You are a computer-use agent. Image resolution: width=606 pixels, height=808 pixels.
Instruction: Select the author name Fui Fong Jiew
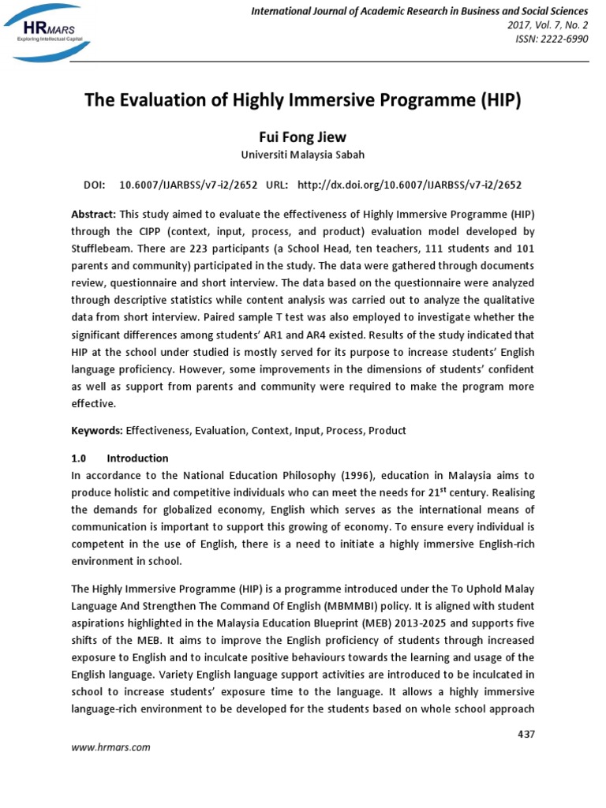(303, 137)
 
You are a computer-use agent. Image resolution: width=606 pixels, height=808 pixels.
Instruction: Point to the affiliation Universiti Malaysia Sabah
(303, 155)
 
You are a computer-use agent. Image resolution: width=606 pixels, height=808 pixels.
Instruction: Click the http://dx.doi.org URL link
(409, 185)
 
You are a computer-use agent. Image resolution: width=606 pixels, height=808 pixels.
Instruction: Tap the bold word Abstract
(93, 215)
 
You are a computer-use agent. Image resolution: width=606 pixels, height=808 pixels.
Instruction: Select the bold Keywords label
(96, 431)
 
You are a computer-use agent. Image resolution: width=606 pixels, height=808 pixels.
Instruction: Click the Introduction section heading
(137, 458)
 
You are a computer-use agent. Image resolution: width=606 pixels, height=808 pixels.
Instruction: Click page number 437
(526, 735)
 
